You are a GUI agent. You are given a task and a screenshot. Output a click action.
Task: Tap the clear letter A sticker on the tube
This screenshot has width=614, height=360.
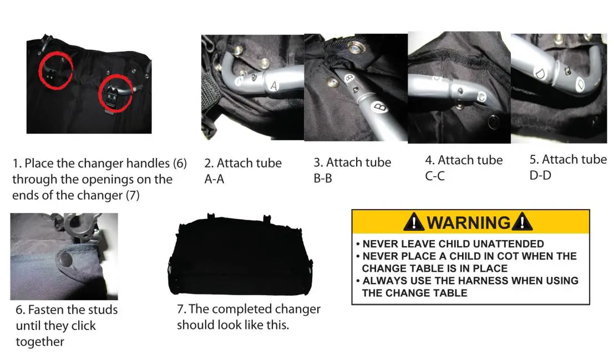point(273,86)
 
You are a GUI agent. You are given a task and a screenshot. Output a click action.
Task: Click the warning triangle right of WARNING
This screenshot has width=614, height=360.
point(522,222)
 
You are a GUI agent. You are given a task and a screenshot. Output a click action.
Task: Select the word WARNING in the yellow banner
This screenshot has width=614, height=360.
point(469,222)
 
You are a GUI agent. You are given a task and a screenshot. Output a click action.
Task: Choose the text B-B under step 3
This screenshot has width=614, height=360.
point(323,179)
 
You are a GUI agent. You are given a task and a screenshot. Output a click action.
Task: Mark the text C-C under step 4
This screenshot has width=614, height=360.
point(435,176)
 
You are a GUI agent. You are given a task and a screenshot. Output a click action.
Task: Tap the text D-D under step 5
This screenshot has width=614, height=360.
point(540,176)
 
